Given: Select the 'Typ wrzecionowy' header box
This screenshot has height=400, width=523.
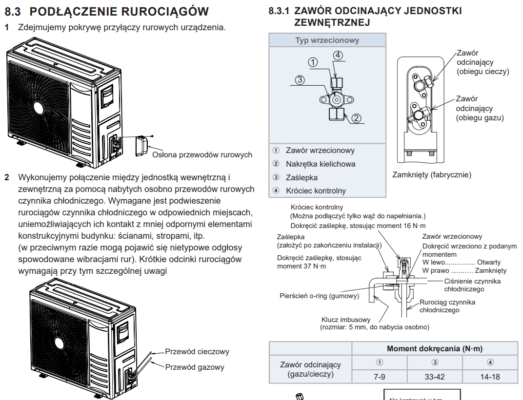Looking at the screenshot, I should coord(327,40).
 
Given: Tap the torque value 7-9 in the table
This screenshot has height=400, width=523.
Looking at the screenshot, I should coord(380,377).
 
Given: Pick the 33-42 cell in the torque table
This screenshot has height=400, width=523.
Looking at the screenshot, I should coord(435,377).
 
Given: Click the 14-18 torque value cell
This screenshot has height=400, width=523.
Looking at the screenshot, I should coord(490,377).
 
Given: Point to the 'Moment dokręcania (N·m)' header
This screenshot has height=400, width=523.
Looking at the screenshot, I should coord(434,349).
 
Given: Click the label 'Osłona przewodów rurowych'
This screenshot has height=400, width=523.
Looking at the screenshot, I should coord(202,155).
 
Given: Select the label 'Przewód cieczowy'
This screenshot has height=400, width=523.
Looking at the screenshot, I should coord(197,351).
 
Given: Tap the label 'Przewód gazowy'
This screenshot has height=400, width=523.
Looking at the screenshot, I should coord(195,367).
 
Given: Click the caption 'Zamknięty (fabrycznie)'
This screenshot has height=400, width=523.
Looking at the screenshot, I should coord(432,174).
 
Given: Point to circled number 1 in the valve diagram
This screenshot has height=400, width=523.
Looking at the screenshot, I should coord(313,62).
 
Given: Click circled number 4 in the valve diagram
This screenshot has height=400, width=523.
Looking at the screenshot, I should coord(338,55).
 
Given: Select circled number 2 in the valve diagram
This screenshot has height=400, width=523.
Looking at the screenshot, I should coord(356,117).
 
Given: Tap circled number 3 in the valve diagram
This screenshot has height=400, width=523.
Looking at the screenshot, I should coord(300,80).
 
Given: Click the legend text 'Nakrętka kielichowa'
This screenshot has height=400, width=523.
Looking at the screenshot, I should coord(321,164).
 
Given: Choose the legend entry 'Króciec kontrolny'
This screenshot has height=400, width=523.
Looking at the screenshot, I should coord(316,190).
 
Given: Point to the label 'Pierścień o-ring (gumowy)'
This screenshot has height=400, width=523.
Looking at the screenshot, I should coord(319,296).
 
